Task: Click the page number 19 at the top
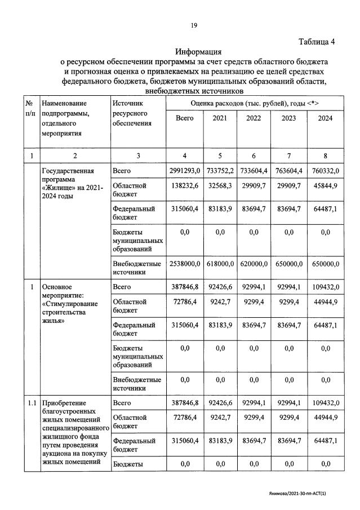[x=193, y=25]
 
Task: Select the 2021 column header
[x=220, y=118]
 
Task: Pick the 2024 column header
[x=325, y=118]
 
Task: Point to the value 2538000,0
[x=185, y=263]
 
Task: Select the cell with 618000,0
[x=220, y=263]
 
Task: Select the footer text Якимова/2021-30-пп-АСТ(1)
[x=301, y=493]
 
